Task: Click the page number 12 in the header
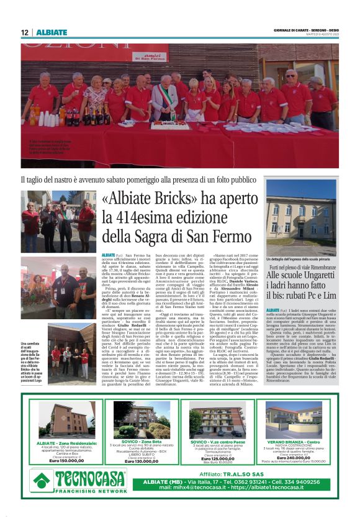tap(24, 32)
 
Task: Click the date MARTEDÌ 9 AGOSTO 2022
tap(316, 35)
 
